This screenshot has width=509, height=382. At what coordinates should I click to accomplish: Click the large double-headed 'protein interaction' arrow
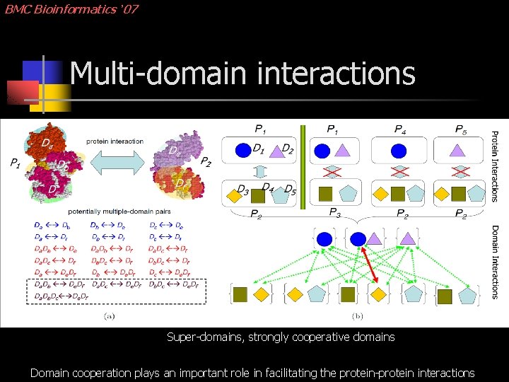[114, 162]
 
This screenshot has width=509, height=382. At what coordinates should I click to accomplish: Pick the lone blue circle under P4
[399, 150]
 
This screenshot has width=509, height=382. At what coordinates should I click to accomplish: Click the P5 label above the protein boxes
[461, 129]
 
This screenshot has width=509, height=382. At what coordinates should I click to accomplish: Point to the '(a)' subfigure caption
[109, 316]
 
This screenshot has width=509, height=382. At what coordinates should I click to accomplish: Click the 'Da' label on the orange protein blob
[47, 144]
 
